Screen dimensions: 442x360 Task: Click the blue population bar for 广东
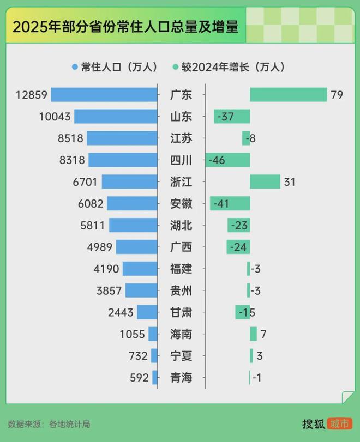[x=104, y=95]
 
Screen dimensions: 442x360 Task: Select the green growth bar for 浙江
[x=265, y=181]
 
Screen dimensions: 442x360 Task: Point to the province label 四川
[x=181, y=160]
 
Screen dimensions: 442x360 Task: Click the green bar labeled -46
[x=227, y=160]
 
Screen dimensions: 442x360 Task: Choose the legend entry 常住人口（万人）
[x=115, y=67]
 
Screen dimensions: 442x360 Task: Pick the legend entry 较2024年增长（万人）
[x=229, y=67]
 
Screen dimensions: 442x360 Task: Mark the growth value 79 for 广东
[x=337, y=95]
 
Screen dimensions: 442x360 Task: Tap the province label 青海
[x=181, y=377]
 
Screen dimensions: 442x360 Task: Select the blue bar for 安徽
[x=132, y=203]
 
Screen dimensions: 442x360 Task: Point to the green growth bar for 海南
[x=253, y=334]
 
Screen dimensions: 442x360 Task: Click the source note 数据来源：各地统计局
[x=49, y=423]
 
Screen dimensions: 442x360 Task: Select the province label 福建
[x=181, y=269]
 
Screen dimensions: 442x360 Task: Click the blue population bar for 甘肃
[x=147, y=312]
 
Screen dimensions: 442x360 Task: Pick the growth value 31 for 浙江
[x=289, y=181]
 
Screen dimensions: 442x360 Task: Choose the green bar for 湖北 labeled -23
[x=238, y=225]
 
